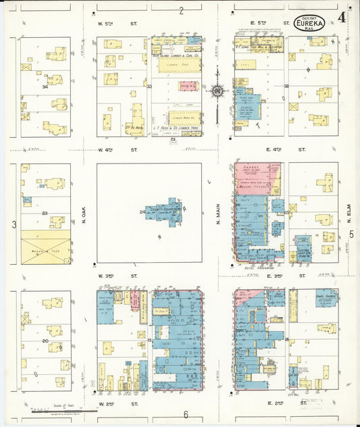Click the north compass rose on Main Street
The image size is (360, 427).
tap(217, 90)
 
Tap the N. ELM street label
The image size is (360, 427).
tap(350, 217)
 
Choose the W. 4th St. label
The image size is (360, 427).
tap(118, 149)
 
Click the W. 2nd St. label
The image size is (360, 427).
tap(118, 403)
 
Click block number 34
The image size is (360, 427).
tap(44, 86)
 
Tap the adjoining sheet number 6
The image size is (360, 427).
tap(185, 414)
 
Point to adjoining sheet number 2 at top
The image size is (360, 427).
tap(181, 10)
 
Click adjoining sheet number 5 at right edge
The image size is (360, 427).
tap(351, 234)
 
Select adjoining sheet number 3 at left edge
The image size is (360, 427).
tap(14, 224)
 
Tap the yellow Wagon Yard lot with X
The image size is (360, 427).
tap(45, 247)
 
